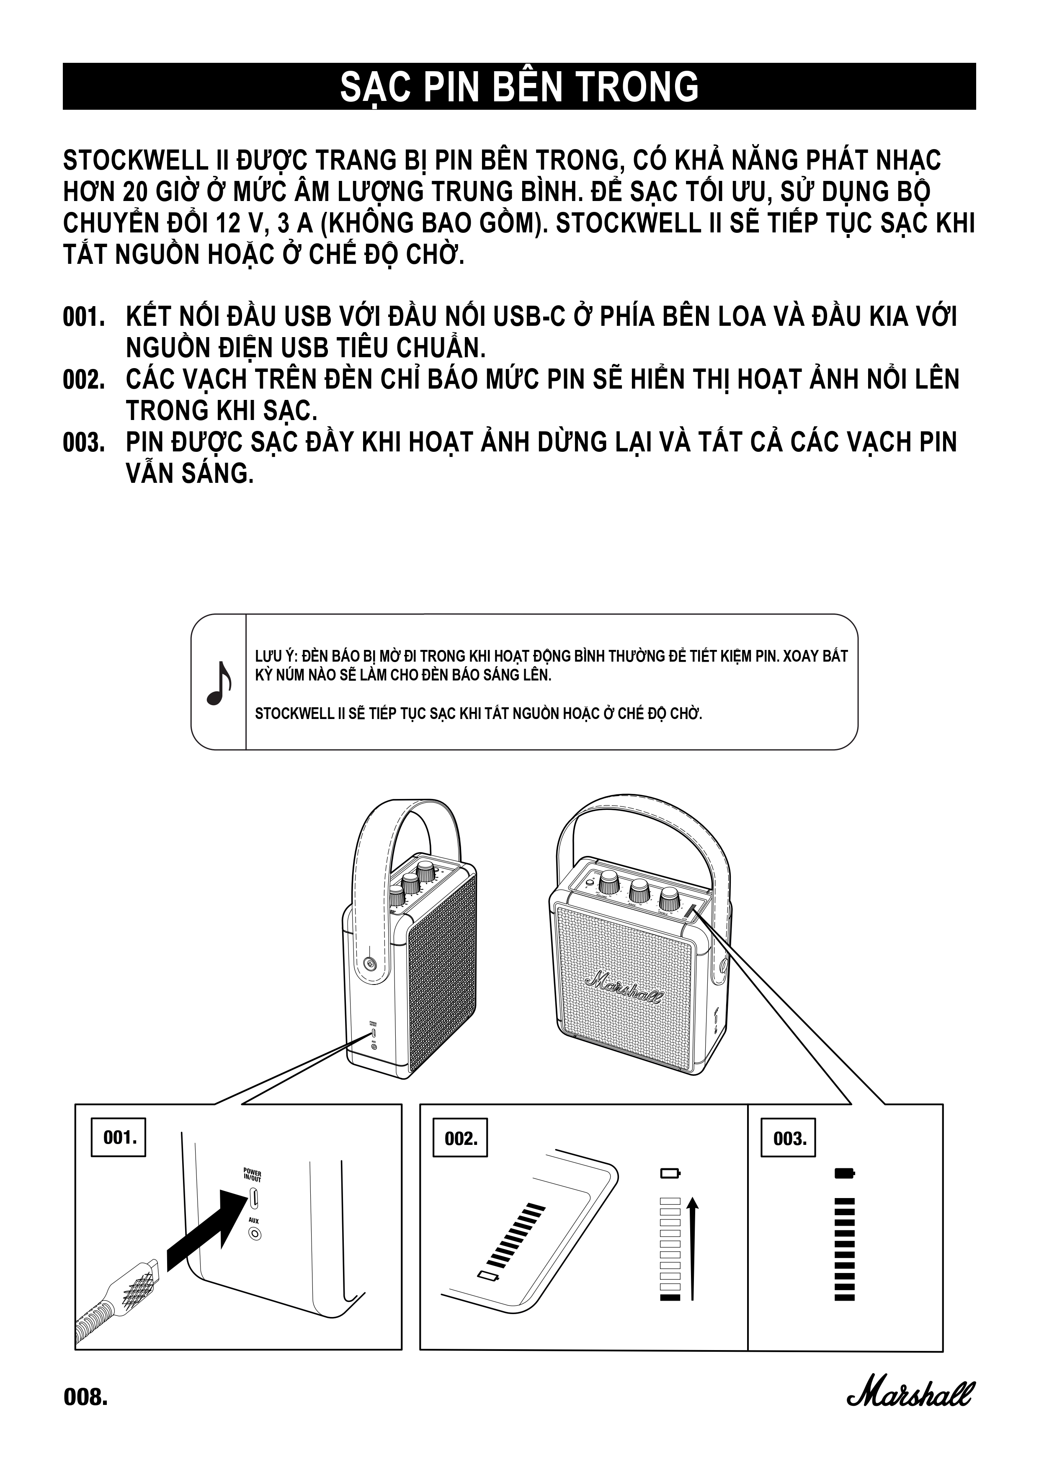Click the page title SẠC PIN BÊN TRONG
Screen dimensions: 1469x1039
[x=519, y=87]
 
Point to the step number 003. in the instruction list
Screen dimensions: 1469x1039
[x=84, y=443]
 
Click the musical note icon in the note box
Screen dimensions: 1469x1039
[x=218, y=683]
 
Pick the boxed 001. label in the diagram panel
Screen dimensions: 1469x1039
[x=119, y=1137]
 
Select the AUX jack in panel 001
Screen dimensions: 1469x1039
[x=255, y=1234]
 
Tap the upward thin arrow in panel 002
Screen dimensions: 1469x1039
[x=692, y=1247]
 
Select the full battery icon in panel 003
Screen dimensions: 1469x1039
[x=845, y=1173]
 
